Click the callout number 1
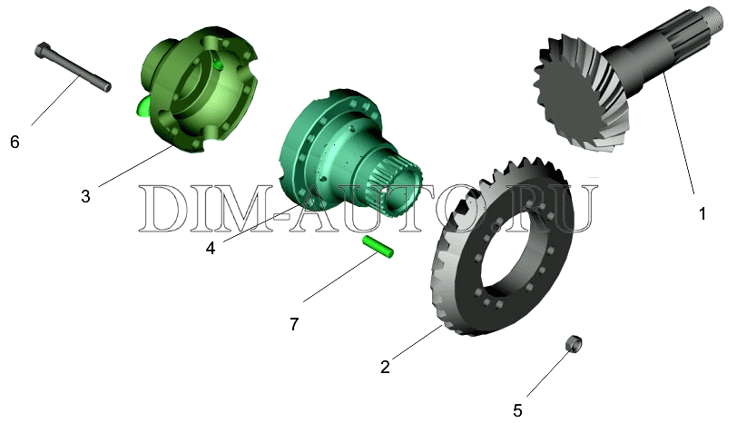(703, 214)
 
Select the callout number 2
(385, 367)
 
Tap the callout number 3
(85, 196)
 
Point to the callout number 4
(210, 248)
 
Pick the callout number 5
(517, 411)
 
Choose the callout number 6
(15, 142)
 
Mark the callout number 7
(294, 324)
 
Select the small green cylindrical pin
(378, 247)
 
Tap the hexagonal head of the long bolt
(42, 49)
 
